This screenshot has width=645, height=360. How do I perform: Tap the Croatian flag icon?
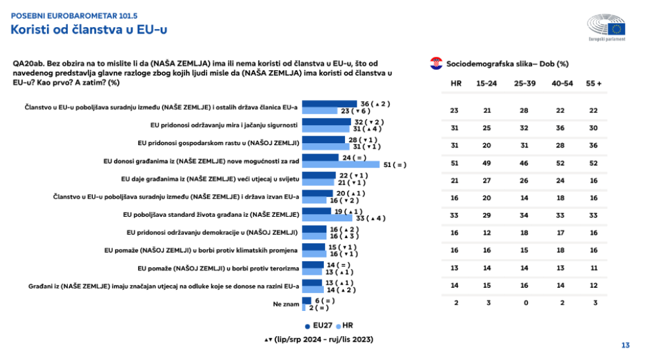[x=435, y=63]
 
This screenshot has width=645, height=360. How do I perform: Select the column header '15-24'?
[x=486, y=84]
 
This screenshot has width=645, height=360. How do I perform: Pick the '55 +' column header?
[x=594, y=84]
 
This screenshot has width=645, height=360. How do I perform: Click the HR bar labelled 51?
[x=340, y=165]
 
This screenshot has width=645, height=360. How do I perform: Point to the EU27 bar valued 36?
[x=330, y=104]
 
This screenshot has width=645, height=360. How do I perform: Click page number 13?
[x=625, y=345]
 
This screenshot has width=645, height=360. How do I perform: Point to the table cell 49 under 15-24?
[x=487, y=163]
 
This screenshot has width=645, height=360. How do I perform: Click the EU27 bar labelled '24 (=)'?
[x=321, y=157]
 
